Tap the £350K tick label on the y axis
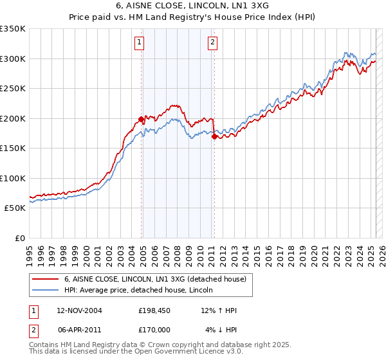[13, 29]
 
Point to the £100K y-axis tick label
[13, 178]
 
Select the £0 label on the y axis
[20, 238]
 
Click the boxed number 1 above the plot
[140, 43]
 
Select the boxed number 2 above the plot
[212, 43]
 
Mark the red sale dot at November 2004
[141, 119]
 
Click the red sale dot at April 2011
[214, 136]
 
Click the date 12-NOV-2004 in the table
[79, 310]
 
